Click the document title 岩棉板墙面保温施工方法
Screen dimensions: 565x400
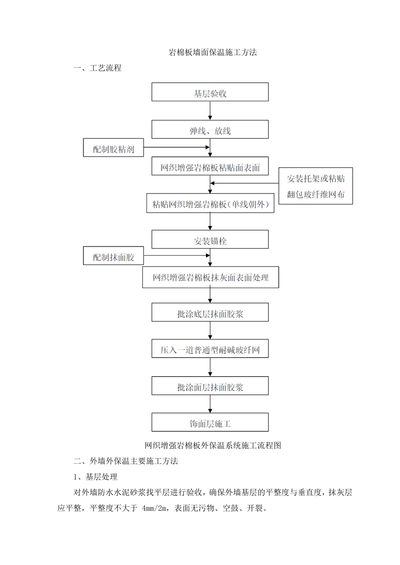(213, 53)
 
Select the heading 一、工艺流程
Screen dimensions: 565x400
(97, 68)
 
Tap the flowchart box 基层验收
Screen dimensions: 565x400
(210, 92)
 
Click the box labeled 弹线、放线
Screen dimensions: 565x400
(210, 129)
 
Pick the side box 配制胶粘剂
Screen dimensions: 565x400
(113, 148)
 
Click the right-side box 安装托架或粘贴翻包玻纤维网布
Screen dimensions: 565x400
(315, 186)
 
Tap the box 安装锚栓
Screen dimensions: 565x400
(210, 240)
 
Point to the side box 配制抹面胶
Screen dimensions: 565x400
(113, 256)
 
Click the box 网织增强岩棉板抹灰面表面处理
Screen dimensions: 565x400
(210, 277)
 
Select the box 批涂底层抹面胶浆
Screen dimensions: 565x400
(210, 313)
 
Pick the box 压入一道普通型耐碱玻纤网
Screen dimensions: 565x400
(210, 349)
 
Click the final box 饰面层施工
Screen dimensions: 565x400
(210, 422)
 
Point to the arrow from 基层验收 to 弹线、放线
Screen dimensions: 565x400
(210, 111)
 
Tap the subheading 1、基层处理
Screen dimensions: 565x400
(96, 477)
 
